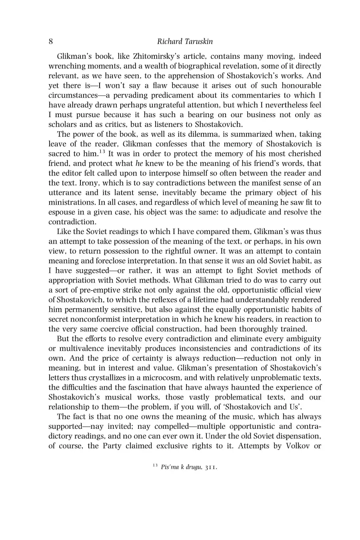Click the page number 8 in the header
click(51, 41)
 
